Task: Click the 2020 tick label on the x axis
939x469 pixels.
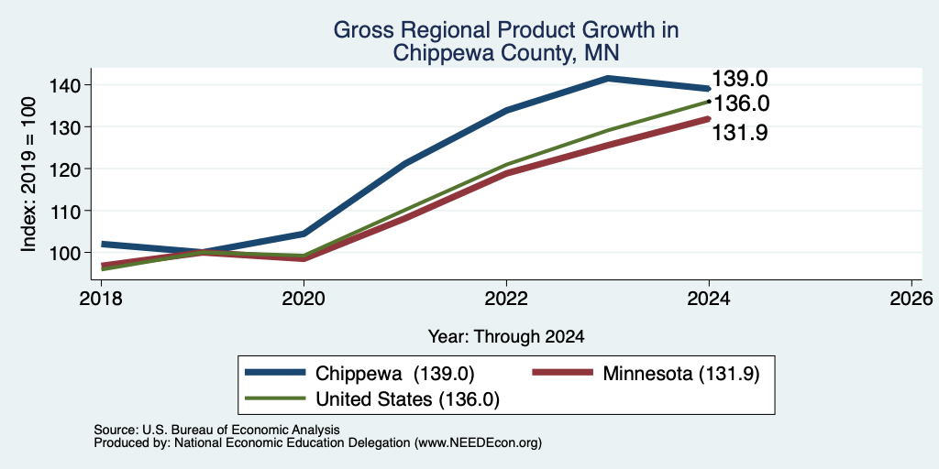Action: click(x=304, y=298)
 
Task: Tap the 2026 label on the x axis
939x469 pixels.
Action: click(x=911, y=298)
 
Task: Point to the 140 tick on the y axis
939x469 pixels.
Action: click(x=65, y=85)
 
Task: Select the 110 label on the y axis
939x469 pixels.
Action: click(x=65, y=211)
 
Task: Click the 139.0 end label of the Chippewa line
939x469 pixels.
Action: click(x=740, y=79)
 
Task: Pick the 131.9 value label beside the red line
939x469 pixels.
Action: click(x=740, y=132)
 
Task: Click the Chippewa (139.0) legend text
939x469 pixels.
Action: click(x=394, y=374)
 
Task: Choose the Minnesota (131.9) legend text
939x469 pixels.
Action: click(x=681, y=374)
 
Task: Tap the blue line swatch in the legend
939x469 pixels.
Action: click(x=275, y=373)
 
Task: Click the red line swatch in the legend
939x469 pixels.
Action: click(x=563, y=373)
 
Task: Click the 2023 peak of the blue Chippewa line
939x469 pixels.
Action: click(x=608, y=79)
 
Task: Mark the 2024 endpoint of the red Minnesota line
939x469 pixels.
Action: click(x=709, y=118)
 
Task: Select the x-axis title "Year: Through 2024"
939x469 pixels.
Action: click(x=506, y=337)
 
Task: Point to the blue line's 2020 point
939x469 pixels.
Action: click(x=304, y=234)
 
